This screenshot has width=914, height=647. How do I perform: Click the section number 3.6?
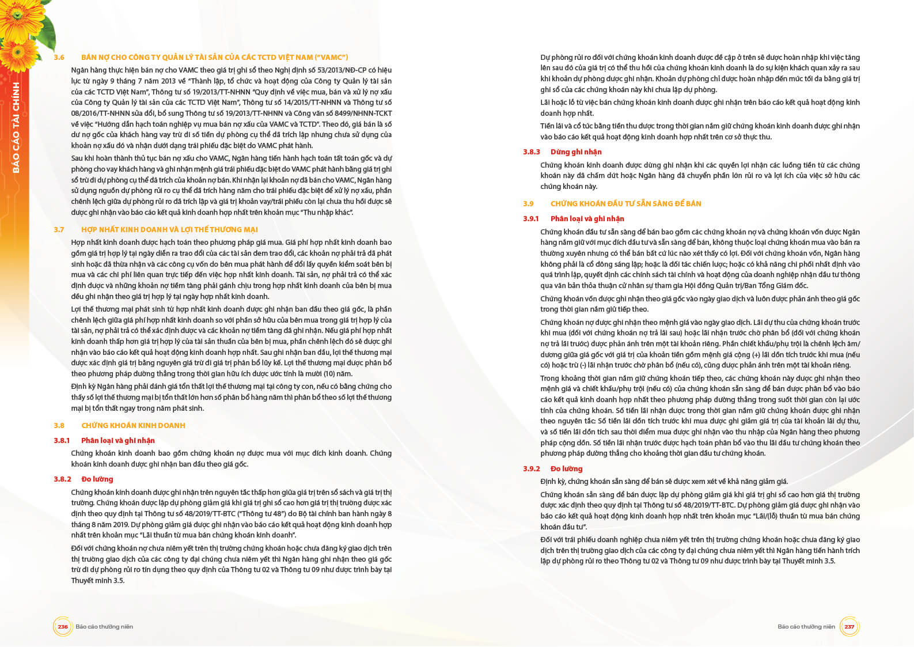click(x=59, y=58)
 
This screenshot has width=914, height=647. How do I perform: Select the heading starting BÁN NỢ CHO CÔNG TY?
click(x=214, y=58)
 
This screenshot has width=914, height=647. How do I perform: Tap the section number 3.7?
click(x=59, y=229)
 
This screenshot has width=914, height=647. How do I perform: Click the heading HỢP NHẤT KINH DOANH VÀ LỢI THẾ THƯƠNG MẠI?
click(x=169, y=229)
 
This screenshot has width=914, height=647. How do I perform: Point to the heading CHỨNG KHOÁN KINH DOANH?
click(x=133, y=426)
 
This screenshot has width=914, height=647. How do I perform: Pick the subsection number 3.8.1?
click(x=62, y=441)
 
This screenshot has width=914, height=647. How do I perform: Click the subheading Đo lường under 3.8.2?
click(x=97, y=479)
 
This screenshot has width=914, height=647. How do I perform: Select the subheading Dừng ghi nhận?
click(x=576, y=152)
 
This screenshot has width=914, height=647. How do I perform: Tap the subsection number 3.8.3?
click(x=532, y=152)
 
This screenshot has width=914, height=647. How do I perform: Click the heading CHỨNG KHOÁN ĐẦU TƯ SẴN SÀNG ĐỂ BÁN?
click(x=625, y=204)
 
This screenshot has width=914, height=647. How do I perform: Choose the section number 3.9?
click(x=528, y=204)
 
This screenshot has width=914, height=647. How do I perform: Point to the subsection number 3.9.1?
click(x=531, y=219)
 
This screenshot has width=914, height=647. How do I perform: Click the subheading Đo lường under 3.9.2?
click(x=566, y=469)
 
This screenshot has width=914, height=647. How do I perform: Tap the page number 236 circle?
click(x=63, y=627)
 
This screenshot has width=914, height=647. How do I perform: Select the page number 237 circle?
click(x=849, y=627)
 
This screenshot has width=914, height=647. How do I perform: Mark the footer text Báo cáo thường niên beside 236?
click(x=104, y=627)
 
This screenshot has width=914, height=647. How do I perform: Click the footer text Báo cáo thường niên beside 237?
click(x=806, y=627)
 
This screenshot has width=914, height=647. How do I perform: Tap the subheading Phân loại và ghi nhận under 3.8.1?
click(x=118, y=441)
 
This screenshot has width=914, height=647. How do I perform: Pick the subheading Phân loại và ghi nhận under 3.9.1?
click(x=587, y=219)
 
